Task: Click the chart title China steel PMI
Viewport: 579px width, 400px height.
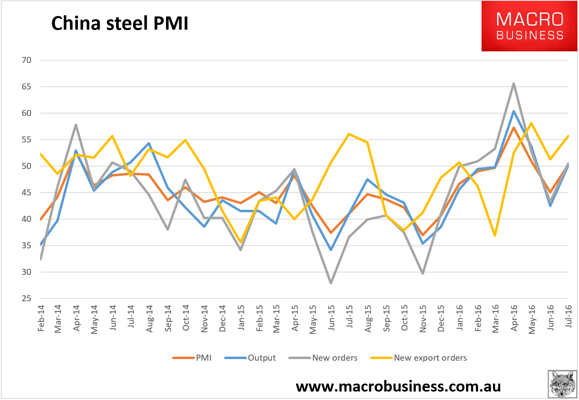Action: [119, 23]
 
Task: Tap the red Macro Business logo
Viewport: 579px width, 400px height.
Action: [529, 26]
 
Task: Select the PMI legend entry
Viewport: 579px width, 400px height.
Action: [192, 358]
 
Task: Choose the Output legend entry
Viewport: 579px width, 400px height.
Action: [250, 358]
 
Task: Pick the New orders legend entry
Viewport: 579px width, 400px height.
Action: [323, 358]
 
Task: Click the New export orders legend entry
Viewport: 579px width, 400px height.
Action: [419, 358]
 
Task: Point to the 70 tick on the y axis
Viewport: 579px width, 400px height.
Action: [26, 60]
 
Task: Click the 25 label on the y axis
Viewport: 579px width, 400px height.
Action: [26, 298]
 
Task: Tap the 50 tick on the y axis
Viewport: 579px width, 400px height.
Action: [26, 166]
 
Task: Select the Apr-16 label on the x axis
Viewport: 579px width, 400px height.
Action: [514, 318]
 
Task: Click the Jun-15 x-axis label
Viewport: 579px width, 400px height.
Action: [331, 318]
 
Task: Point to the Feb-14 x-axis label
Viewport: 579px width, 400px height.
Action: [41, 318]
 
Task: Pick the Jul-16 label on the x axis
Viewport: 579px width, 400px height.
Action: [568, 316]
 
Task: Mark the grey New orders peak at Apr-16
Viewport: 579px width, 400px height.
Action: [514, 83]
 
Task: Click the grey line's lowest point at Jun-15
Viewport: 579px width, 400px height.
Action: [331, 283]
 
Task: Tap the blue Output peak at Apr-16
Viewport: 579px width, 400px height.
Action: [514, 111]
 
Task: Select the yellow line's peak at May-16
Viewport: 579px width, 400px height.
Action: [531, 123]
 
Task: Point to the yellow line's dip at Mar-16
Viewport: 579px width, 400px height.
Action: [495, 235]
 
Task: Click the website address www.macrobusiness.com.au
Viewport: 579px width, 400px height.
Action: [398, 387]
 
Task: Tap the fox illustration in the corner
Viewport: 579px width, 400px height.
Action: [563, 384]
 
